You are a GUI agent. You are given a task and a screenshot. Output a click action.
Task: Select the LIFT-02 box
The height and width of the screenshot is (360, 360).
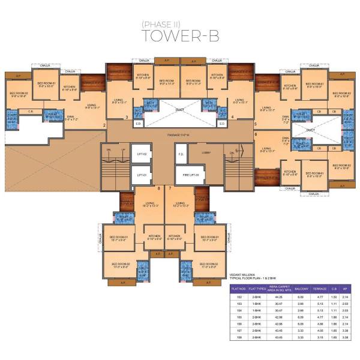coord(141,154)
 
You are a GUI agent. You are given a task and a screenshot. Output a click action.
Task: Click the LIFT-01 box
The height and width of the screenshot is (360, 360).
coord(141,175)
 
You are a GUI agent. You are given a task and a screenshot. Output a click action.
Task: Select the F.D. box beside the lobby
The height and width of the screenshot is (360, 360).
coord(181,154)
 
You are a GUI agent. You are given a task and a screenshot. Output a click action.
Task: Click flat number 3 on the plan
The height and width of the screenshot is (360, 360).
coord(127,118)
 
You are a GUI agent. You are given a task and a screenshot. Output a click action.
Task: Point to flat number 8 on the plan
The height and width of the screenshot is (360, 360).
coord(158,189)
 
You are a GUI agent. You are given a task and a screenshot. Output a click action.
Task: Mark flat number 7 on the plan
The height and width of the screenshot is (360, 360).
coord(170,189)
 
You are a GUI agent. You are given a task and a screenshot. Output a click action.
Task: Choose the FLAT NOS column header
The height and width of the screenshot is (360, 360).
coord(231,289)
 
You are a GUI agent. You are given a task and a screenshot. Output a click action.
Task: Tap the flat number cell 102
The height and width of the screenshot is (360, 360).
coord(231,298)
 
